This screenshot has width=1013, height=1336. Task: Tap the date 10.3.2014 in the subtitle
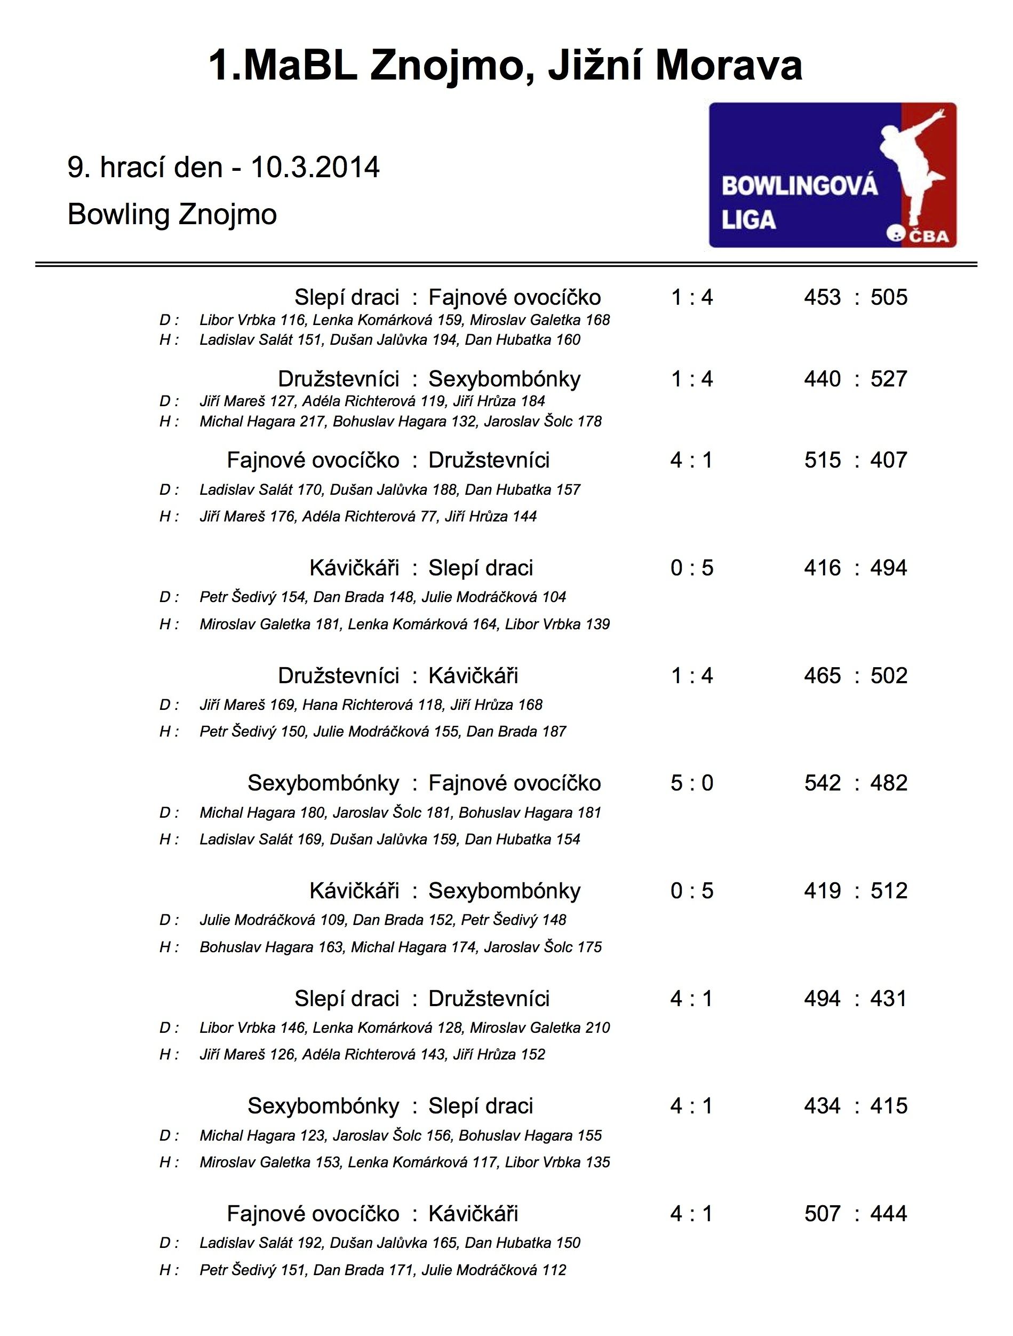click(x=315, y=167)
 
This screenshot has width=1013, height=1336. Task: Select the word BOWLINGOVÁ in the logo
click(x=799, y=185)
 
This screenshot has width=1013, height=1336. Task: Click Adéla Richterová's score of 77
click(x=427, y=516)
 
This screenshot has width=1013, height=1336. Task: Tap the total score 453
click(x=822, y=298)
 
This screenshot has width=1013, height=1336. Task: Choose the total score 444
click(x=889, y=1214)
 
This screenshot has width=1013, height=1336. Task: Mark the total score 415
click(x=889, y=1106)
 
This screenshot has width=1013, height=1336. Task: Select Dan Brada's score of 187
click(x=554, y=732)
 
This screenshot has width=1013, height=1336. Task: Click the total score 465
click(x=822, y=676)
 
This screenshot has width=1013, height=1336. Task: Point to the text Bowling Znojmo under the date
click(x=172, y=215)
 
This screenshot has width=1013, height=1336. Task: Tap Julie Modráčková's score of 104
click(x=554, y=597)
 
